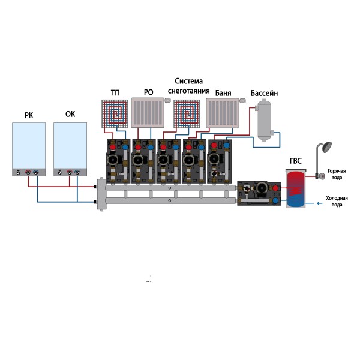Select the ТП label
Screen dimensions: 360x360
pyautogui.click(x=115, y=92)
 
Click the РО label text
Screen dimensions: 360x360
pyautogui.click(x=149, y=92)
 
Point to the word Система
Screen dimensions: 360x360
pyautogui.click(x=190, y=81)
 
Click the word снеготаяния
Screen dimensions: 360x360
pyautogui.click(x=193, y=91)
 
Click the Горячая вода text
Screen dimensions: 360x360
pyautogui.click(x=337, y=174)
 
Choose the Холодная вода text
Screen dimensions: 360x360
pyautogui.click(x=337, y=201)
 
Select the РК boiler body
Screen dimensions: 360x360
pyautogui.click(x=29, y=149)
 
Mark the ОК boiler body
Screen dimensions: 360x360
pyautogui.click(x=70, y=149)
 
